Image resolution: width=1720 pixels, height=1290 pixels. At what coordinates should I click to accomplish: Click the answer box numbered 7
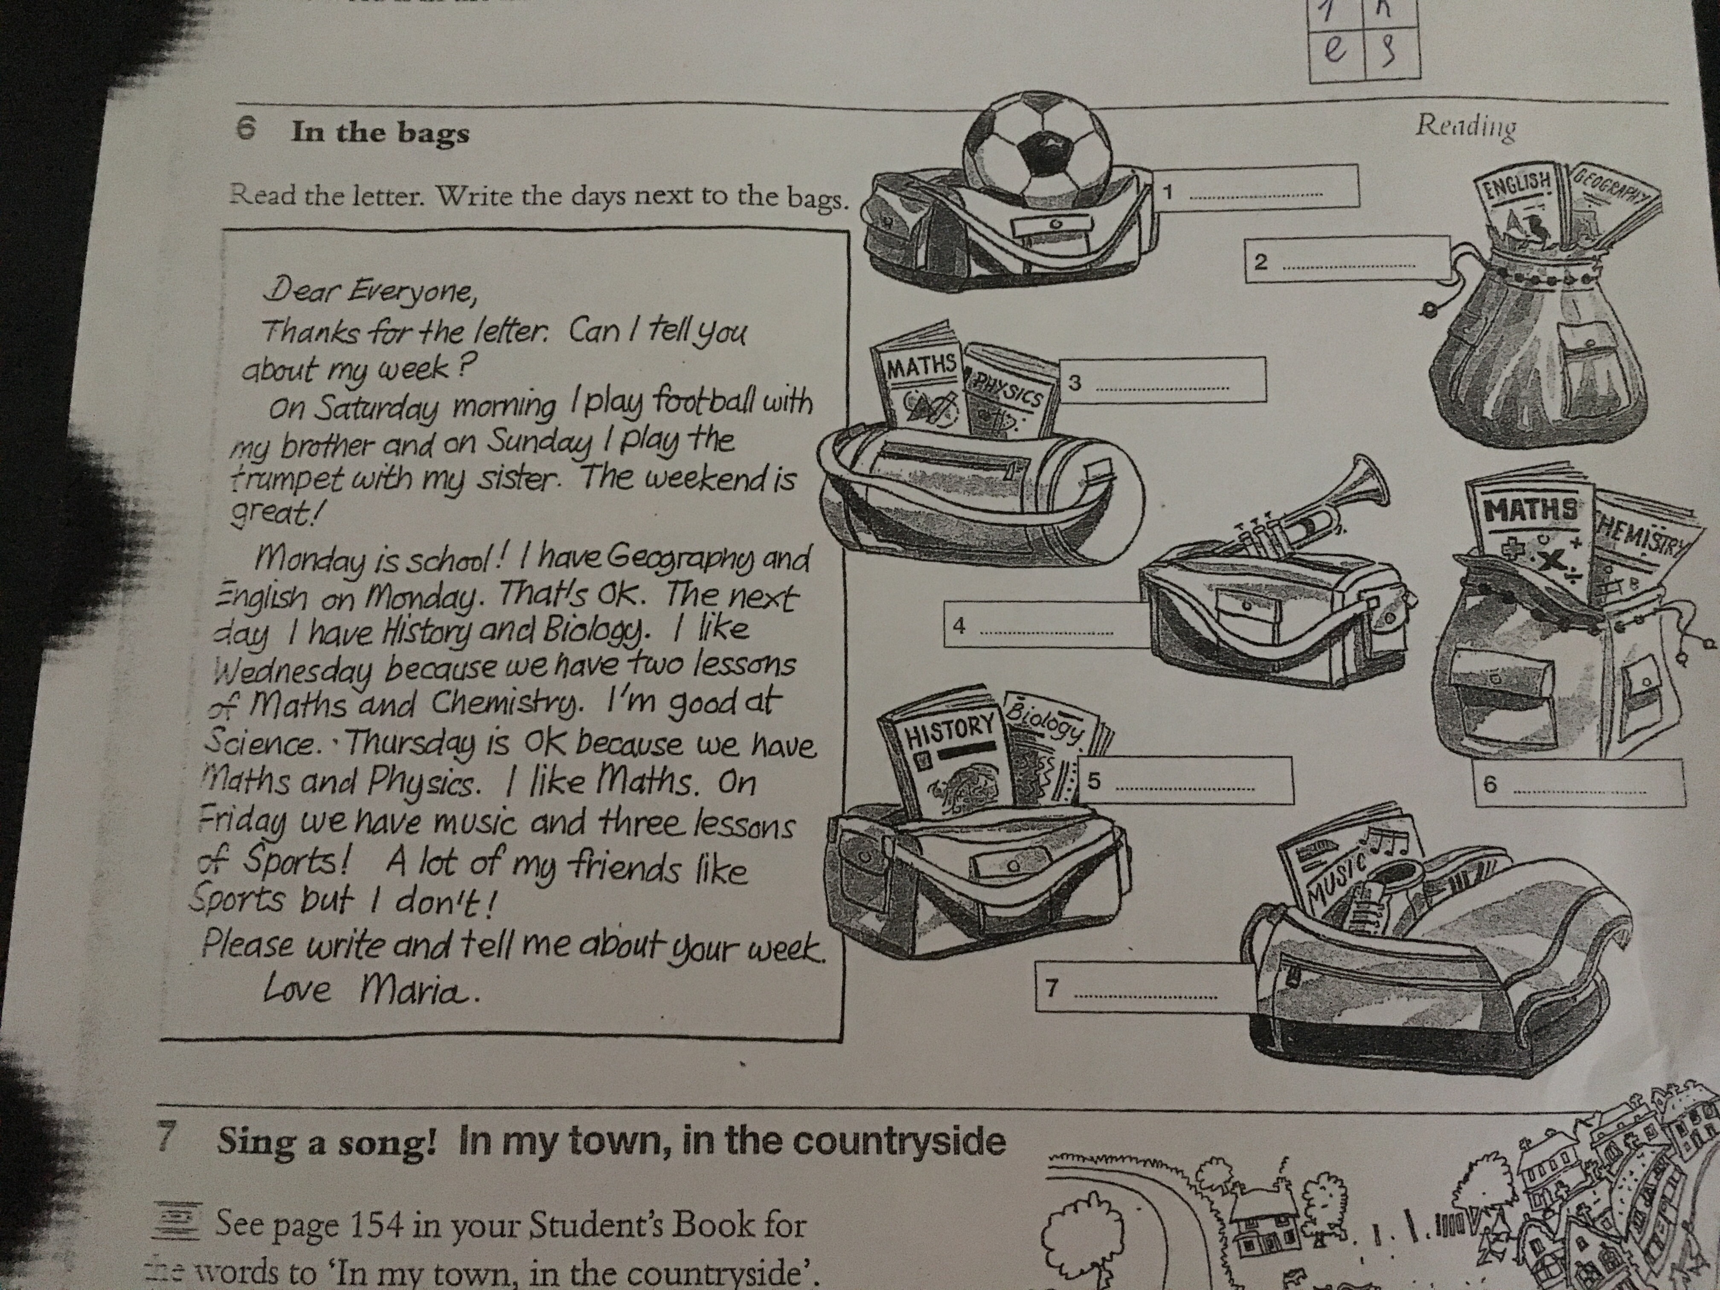pyautogui.click(x=1135, y=988)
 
